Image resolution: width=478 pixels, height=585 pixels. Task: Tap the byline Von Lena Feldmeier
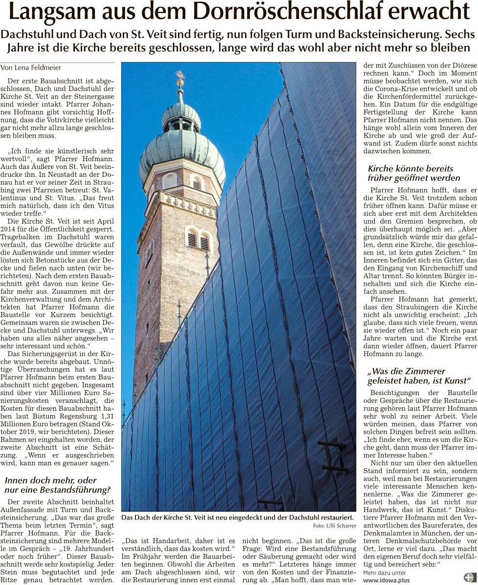tap(31, 68)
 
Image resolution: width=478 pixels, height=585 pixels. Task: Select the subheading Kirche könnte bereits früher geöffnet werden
tap(414, 173)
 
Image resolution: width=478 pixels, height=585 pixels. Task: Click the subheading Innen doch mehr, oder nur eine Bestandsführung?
tap(57, 485)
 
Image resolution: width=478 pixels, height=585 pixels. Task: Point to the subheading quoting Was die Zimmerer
tap(419, 376)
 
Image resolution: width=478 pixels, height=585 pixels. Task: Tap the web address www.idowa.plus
tap(386, 580)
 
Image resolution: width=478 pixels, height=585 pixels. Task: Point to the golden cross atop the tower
tap(180, 77)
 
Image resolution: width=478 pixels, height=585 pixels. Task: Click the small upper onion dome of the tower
tap(181, 116)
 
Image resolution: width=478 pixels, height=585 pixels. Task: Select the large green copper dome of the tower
tap(182, 151)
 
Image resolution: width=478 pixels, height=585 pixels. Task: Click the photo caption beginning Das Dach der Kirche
tap(237, 517)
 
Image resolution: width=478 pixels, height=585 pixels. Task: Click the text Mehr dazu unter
tap(384, 573)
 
